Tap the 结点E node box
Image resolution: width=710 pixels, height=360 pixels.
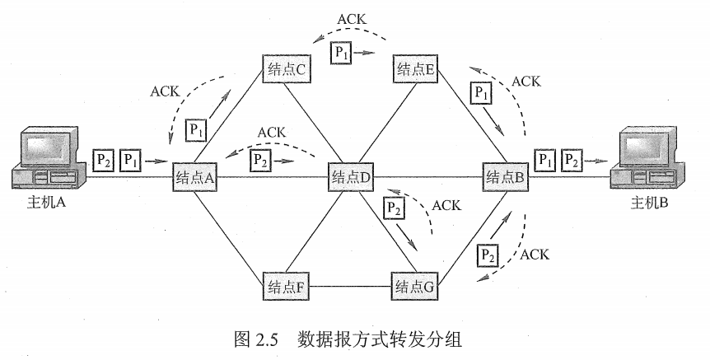[x=415, y=70]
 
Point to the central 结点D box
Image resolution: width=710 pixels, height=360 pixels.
[x=351, y=176]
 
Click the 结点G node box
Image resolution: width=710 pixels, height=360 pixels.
[x=415, y=288]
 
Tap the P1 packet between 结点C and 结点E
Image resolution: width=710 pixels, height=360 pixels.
[x=340, y=52]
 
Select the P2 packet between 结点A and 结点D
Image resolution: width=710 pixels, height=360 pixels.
[x=261, y=158]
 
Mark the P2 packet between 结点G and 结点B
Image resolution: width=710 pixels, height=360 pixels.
[x=488, y=255]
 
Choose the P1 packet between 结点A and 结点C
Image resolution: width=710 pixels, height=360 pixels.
[x=195, y=129]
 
